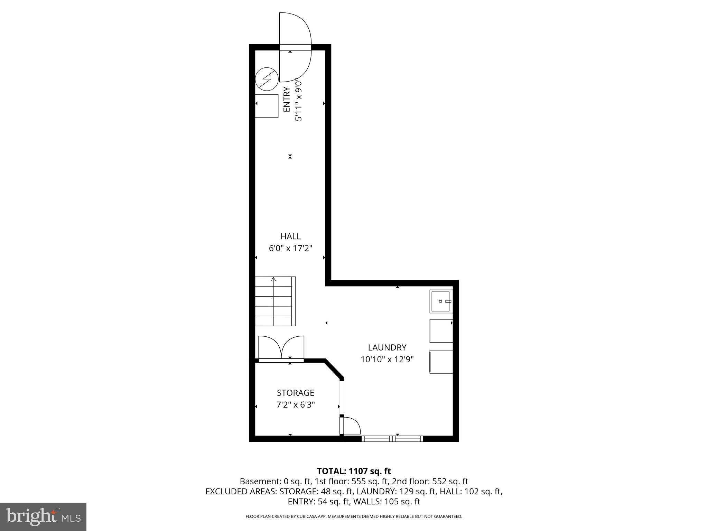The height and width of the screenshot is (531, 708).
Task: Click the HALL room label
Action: click(290, 236)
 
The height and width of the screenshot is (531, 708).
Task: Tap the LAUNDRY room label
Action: click(387, 347)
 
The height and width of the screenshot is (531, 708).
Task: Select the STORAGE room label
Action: click(295, 393)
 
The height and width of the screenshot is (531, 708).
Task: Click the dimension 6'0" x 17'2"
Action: click(290, 248)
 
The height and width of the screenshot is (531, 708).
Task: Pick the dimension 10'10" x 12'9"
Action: click(387, 360)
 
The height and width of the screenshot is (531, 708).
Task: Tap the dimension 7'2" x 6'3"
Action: click(295, 404)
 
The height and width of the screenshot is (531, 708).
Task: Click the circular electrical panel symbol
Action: click(267, 79)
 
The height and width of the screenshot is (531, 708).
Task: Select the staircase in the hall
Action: click(275, 301)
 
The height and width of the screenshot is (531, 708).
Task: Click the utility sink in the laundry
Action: click(441, 301)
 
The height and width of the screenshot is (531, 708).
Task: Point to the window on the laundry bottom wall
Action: click(392, 439)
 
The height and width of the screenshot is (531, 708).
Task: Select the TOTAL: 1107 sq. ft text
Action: click(354, 471)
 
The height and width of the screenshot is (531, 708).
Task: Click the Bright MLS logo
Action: click(43, 516)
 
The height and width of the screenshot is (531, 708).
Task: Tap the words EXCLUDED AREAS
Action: click(241, 492)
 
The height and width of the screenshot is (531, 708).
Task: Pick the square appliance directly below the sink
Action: click(441, 331)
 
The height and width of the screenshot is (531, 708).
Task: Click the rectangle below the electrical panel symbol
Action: click(267, 106)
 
